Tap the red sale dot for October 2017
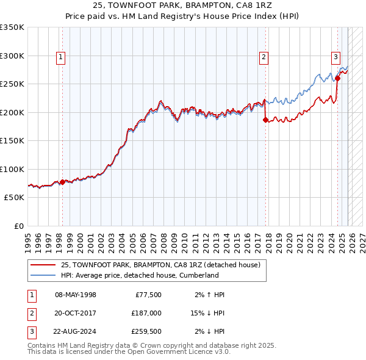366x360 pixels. pos(265,120)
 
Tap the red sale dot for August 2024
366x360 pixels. pos(337,78)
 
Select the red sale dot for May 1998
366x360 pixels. pos(62,182)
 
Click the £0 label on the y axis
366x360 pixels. pos(18,226)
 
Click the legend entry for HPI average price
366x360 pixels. pos(139,275)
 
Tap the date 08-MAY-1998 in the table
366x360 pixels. pos(76,295)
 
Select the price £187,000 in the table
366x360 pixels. pos(146,313)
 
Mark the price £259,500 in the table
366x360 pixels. pos(146,331)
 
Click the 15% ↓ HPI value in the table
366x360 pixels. pos(208,313)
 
